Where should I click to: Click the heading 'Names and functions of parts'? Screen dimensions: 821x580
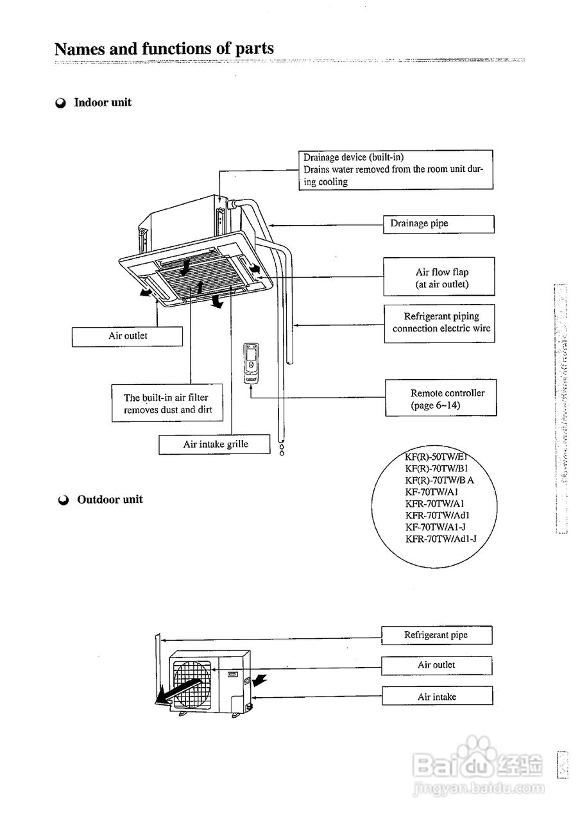pyautogui.click(x=164, y=49)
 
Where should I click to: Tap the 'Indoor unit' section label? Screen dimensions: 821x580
pyautogui.click(x=103, y=103)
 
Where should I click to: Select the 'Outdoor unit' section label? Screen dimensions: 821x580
pyautogui.click(x=110, y=500)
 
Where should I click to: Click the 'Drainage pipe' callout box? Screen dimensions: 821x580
pyautogui.click(x=439, y=224)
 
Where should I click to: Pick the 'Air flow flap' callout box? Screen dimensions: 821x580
pyautogui.click(x=439, y=277)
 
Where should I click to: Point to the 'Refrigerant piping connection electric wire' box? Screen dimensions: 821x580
pyautogui.click(x=439, y=323)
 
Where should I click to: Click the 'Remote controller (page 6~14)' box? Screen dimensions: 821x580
pyautogui.click(x=441, y=398)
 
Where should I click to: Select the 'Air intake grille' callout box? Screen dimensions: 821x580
pyautogui.click(x=214, y=444)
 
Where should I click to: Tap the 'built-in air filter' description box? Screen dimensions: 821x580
pyautogui.click(x=167, y=403)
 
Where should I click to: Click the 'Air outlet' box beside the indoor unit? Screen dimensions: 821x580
pyautogui.click(x=127, y=336)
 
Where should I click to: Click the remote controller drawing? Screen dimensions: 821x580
pyautogui.click(x=251, y=364)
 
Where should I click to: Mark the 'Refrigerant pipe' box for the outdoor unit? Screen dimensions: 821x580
pyautogui.click(x=436, y=635)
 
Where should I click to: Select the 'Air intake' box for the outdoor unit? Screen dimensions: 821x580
pyautogui.click(x=436, y=697)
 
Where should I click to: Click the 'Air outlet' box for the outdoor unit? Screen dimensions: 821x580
pyautogui.click(x=436, y=665)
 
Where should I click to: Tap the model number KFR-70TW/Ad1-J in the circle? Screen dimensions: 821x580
pyautogui.click(x=441, y=539)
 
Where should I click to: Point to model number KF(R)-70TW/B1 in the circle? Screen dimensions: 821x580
pyautogui.click(x=440, y=468)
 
